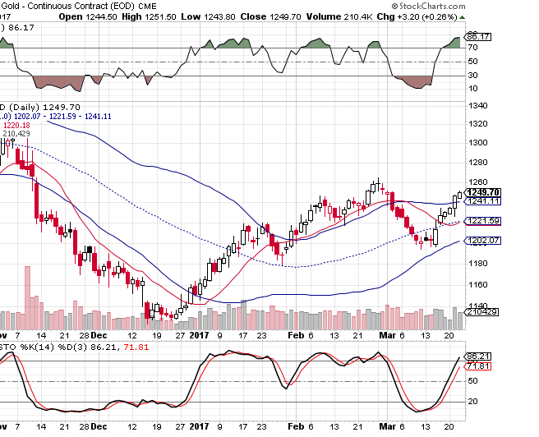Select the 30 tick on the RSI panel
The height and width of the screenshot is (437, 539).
pos(472,76)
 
